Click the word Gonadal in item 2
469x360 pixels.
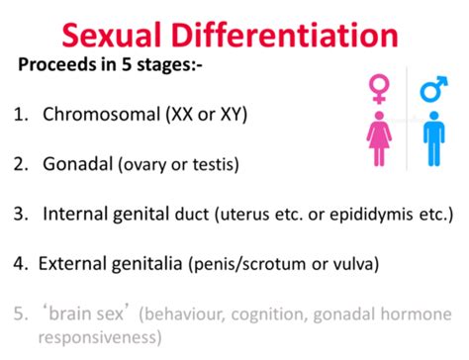[75, 162]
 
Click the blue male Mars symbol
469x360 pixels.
[433, 92]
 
